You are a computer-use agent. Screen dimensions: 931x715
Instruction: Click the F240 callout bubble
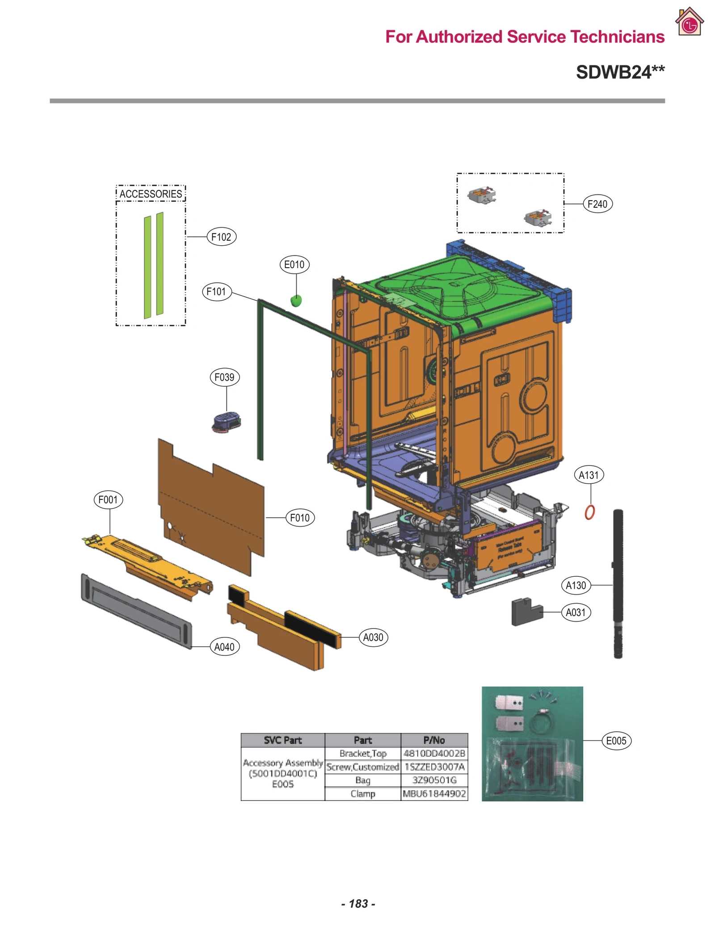coord(597,204)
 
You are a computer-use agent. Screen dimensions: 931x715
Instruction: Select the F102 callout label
coord(221,237)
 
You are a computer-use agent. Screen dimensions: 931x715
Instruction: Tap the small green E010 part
coord(296,301)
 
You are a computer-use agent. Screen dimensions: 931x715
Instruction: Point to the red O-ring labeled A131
coord(589,512)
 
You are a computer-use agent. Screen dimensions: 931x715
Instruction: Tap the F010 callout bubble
coord(300,517)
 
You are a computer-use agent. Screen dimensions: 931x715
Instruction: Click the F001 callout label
coord(108,499)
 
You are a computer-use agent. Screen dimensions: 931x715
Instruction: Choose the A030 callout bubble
coord(373,637)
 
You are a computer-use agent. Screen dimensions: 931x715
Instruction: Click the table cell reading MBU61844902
coord(434,793)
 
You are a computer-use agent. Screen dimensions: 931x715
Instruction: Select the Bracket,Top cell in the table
coord(362,753)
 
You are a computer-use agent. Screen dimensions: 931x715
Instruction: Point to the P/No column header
coord(434,740)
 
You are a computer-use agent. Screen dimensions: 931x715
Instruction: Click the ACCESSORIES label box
coord(151,193)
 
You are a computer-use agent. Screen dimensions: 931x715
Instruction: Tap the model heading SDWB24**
coord(620,72)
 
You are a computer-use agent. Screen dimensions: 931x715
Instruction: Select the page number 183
coord(358,903)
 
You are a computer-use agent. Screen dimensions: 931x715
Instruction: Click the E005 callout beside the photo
coord(616,740)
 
